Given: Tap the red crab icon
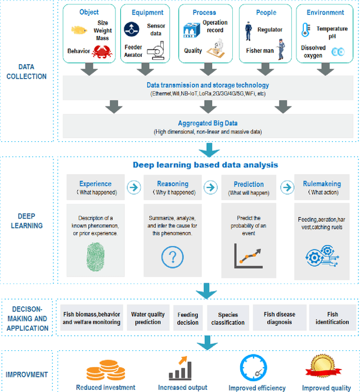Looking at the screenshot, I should (102, 52).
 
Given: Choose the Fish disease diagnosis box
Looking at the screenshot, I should (279, 318).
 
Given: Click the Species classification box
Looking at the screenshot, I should (228, 319).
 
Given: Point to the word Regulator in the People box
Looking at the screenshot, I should (270, 30).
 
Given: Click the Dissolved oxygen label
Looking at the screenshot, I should (313, 51).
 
